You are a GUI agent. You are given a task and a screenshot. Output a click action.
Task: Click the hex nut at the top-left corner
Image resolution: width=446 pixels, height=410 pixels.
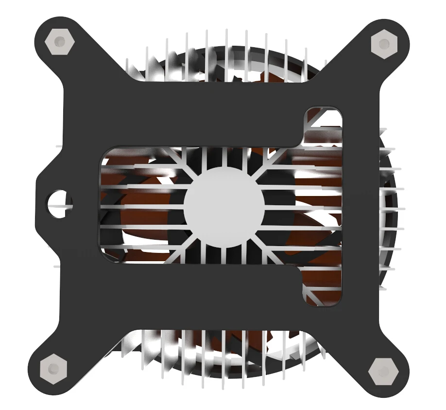(59, 42)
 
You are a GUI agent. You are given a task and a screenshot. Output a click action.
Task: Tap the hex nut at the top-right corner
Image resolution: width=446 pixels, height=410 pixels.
(384, 44)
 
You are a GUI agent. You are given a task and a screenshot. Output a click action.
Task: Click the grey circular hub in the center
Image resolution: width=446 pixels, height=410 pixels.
(224, 206)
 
